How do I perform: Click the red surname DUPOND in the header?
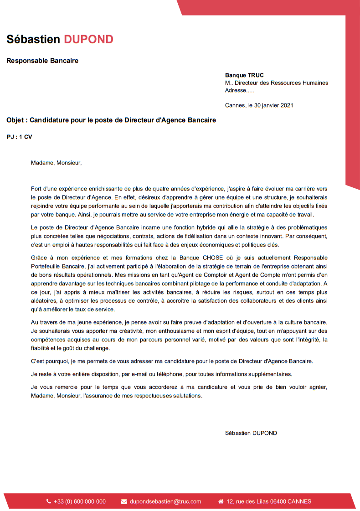click(x=88, y=39)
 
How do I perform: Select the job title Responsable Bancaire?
click(x=42, y=61)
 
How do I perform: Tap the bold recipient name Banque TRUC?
click(x=244, y=75)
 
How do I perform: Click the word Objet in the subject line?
click(x=16, y=120)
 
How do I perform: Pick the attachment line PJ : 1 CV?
click(x=20, y=137)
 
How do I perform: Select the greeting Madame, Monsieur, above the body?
click(x=57, y=162)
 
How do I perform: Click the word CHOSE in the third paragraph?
click(x=213, y=258)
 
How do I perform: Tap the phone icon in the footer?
click(x=49, y=501)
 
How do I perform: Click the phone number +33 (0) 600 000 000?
click(x=80, y=501)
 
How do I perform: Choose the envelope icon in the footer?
click(x=124, y=501)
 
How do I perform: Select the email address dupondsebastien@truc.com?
click(x=165, y=501)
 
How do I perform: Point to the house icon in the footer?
click(x=221, y=501)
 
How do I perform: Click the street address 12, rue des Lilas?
click(x=249, y=501)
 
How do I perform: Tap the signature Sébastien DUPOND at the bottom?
click(x=251, y=433)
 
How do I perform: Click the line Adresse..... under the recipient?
click(x=239, y=90)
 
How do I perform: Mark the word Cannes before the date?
click(x=235, y=105)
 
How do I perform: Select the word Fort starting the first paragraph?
click(x=36, y=188)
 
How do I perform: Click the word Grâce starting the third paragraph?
click(x=40, y=258)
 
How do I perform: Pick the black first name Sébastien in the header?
click(x=33, y=39)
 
